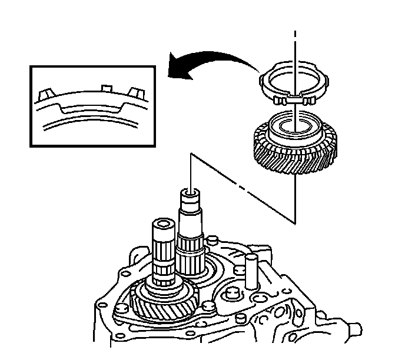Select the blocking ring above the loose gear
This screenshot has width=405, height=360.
(x=292, y=86)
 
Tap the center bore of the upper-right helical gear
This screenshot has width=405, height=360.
(x=292, y=125)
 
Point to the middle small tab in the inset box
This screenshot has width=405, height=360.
(x=105, y=88)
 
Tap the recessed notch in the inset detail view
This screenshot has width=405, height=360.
(x=91, y=109)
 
